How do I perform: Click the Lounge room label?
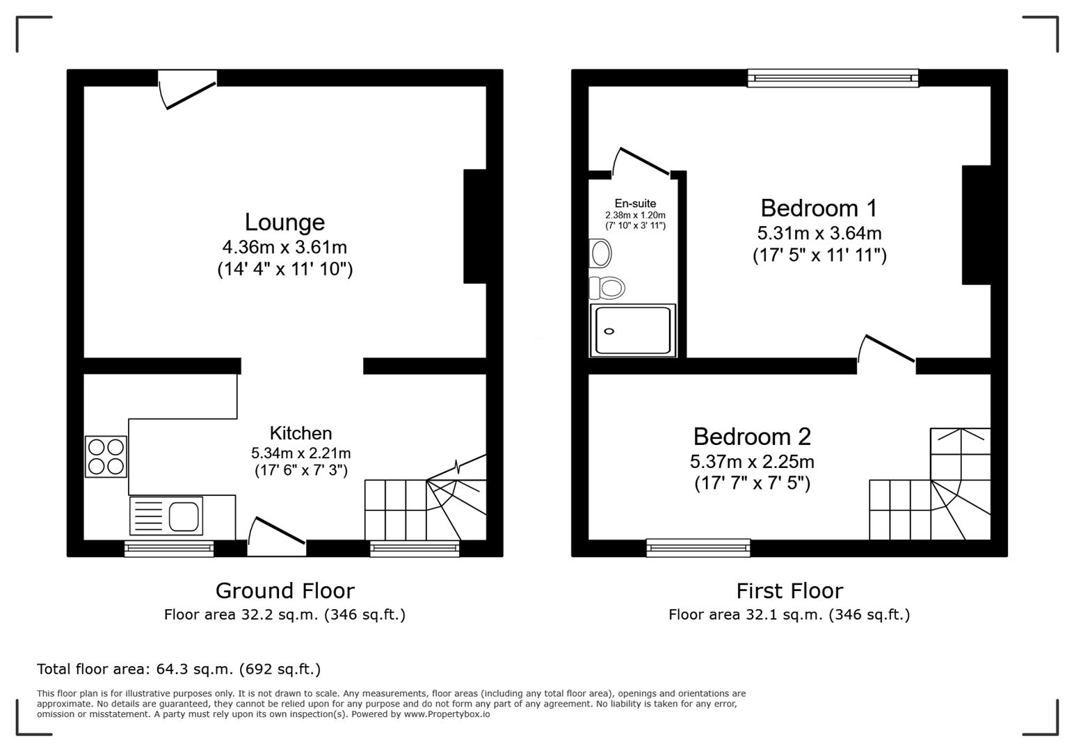click(284, 223)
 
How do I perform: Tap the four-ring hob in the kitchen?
click(106, 456)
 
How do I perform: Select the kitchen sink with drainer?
click(166, 516)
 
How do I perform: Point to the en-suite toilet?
click(607, 288)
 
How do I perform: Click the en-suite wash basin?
click(600, 253)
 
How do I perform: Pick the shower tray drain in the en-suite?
click(609, 331)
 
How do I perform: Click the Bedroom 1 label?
click(819, 208)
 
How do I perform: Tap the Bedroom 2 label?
click(752, 437)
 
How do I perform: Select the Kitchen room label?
click(300, 433)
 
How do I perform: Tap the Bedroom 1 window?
click(833, 78)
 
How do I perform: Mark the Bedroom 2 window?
click(698, 548)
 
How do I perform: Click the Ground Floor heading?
click(284, 591)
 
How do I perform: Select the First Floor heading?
click(790, 591)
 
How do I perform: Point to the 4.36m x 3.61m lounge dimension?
click(284, 248)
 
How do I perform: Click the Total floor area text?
click(179, 669)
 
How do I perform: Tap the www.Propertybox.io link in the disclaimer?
click(447, 714)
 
